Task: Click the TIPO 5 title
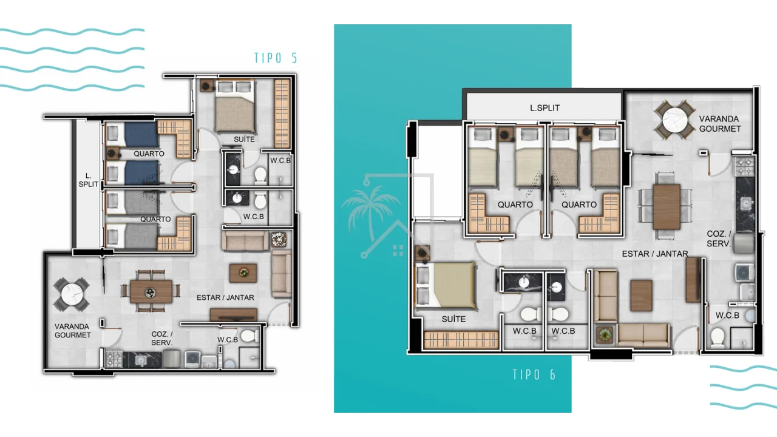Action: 276,58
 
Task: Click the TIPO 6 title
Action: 534,374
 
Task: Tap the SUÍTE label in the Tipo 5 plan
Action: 244,139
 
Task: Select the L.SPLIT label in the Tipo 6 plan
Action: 545,108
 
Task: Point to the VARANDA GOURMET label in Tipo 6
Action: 720,124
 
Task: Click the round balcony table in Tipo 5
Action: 72,295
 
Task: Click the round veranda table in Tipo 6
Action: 674,120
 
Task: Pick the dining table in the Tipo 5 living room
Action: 151,292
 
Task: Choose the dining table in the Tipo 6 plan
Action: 667,207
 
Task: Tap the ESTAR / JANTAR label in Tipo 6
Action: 655,254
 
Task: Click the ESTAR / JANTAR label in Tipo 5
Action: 225,297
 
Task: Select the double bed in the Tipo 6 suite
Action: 446,285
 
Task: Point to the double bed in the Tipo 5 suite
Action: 236,106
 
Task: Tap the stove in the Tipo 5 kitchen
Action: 114,359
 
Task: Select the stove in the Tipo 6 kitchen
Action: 744,166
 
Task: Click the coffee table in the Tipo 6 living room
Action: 642,296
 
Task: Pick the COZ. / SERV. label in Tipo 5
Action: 162,339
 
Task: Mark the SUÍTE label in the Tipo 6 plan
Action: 453,319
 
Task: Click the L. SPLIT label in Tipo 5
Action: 88,180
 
